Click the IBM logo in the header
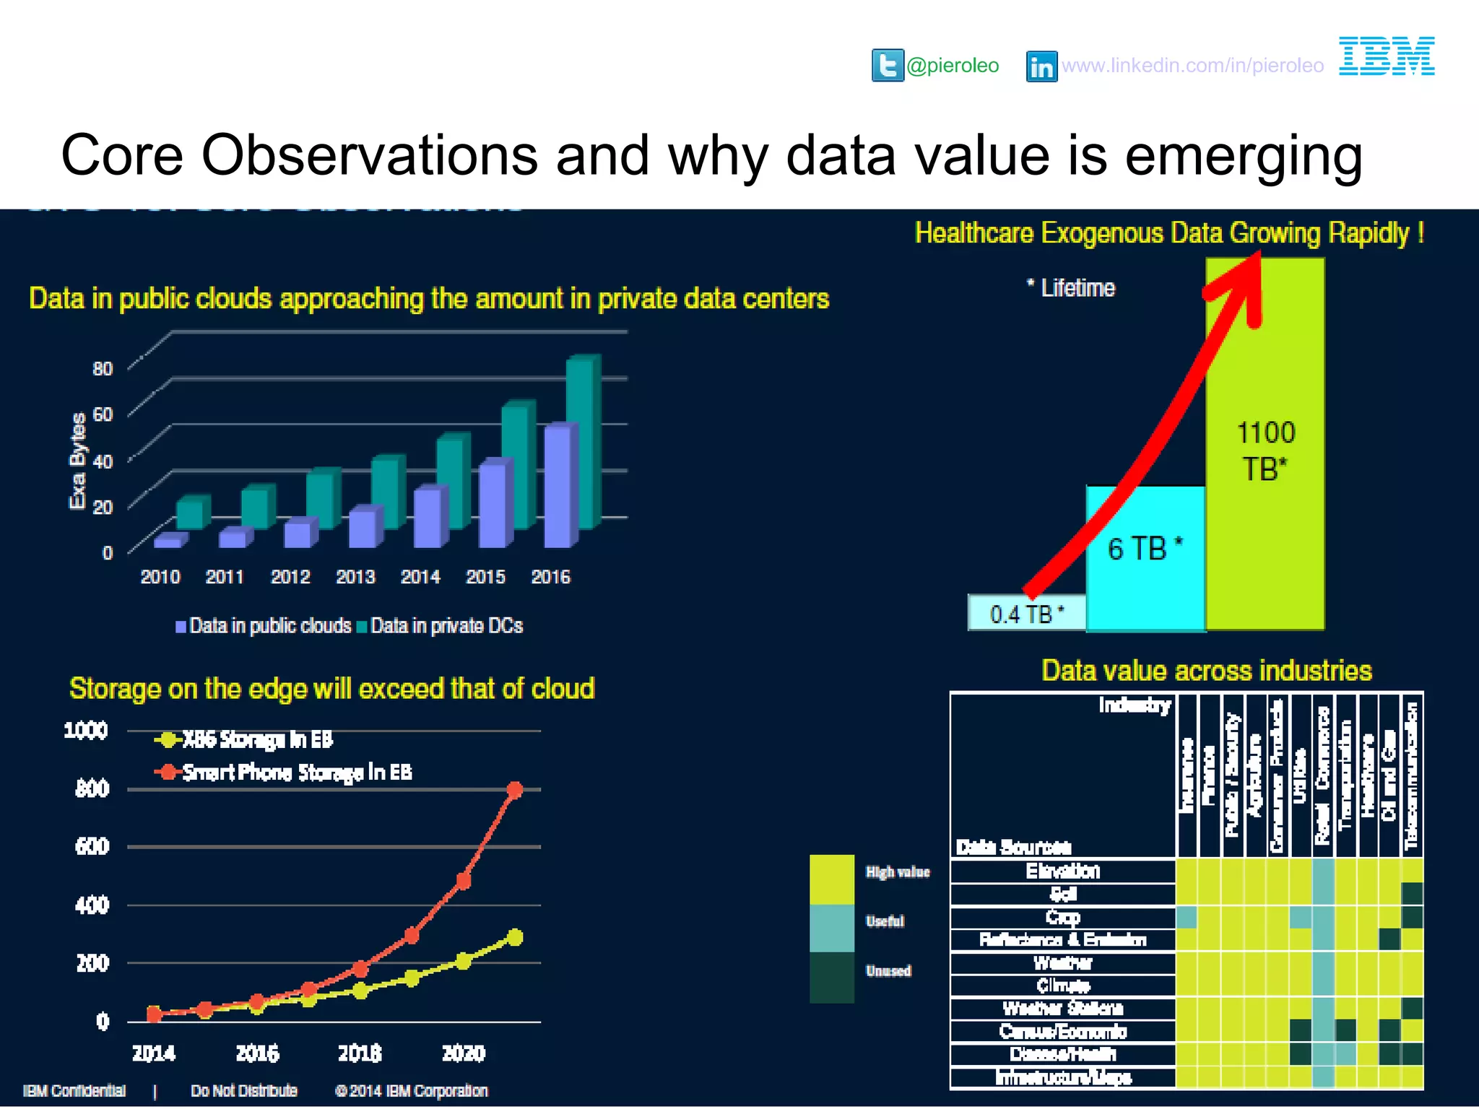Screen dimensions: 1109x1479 (1387, 56)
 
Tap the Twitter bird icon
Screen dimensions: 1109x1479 (888, 66)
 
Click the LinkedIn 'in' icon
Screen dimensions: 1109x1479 (1041, 66)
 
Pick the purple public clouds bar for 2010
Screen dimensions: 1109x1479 (170, 540)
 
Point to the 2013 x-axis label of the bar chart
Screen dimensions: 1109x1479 (355, 577)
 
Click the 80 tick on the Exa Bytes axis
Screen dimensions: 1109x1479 (103, 369)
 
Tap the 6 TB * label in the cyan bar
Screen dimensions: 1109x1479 (1145, 549)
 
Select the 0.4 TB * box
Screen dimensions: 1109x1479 (1026, 614)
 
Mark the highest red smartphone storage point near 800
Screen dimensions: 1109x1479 (515, 790)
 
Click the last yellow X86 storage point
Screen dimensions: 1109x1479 (515, 937)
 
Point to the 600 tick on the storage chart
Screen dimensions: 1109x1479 (92, 846)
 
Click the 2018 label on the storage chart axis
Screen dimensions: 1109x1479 (360, 1053)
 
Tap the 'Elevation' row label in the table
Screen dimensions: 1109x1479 (1062, 871)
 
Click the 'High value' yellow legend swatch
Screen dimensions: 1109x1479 (832, 879)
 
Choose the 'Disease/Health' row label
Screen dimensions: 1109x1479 (1062, 1054)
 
